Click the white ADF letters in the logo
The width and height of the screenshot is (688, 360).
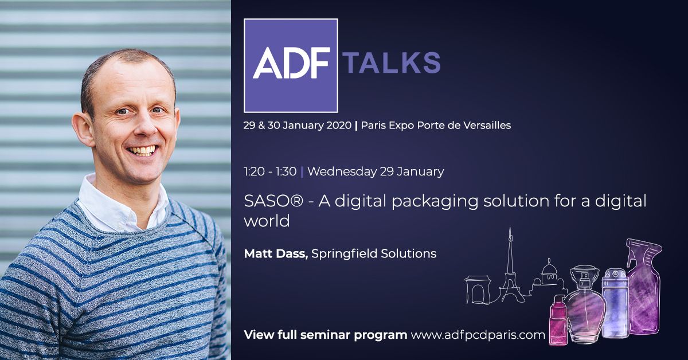291,63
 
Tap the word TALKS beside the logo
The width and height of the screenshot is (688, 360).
392,62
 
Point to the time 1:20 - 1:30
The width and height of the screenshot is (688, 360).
270,171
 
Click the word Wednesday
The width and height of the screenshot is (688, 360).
342,171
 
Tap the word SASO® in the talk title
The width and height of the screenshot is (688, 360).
273,201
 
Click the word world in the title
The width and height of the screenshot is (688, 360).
267,221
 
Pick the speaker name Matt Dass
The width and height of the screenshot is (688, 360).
276,254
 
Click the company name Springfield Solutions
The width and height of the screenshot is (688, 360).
374,254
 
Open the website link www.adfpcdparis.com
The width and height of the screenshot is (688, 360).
478,335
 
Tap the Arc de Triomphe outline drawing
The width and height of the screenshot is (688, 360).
478,290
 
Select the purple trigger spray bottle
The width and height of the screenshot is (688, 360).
644,287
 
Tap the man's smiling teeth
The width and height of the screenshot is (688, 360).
142,151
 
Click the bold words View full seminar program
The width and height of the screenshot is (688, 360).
326,335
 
